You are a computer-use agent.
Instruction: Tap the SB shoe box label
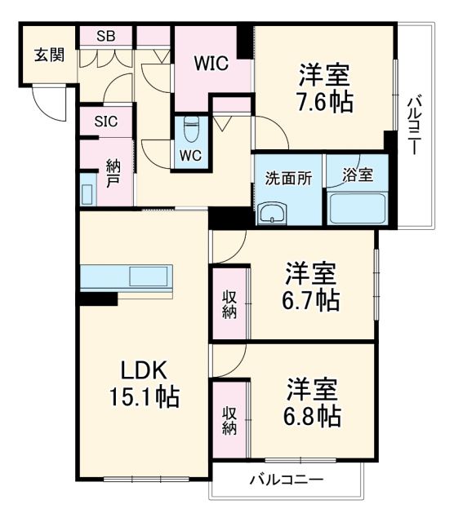(x=105, y=36)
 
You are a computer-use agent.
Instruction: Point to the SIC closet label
(x=105, y=122)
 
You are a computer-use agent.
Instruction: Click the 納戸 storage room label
(x=113, y=171)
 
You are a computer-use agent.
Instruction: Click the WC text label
(x=191, y=155)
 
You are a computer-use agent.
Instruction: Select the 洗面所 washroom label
(x=287, y=178)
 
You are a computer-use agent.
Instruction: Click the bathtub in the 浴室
(x=357, y=207)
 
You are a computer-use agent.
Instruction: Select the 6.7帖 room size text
(x=312, y=300)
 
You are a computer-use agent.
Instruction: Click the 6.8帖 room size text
(x=313, y=416)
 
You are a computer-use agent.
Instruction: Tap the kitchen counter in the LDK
(x=127, y=276)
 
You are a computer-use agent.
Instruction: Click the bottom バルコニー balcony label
(x=286, y=480)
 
